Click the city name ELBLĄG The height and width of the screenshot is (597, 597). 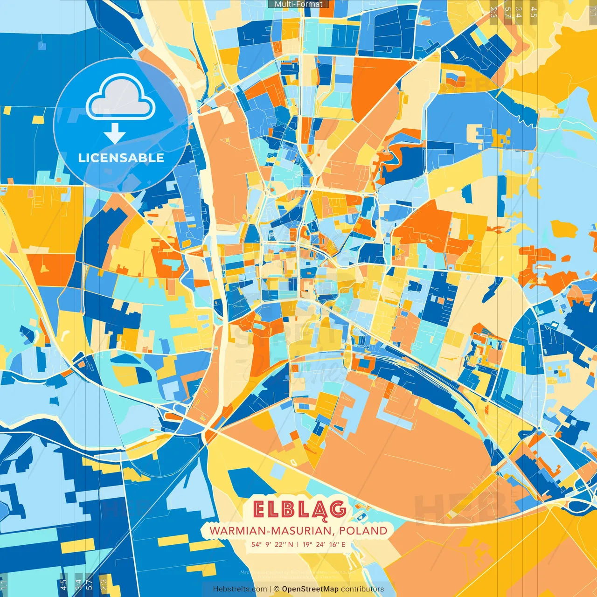click(299, 509)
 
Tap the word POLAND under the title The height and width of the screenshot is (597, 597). click(363, 531)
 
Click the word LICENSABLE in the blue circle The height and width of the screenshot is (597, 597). click(121, 158)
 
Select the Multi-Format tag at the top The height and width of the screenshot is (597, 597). click(298, 4)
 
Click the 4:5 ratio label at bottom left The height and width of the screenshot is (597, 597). click(63, 585)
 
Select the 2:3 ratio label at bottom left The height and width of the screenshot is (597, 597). click(104, 585)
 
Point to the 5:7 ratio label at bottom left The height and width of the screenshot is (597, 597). click(90, 585)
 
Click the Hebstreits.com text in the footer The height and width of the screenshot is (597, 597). click(240, 589)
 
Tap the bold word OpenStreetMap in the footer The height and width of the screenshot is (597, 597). click(310, 589)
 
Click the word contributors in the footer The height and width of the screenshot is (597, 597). click(362, 589)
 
